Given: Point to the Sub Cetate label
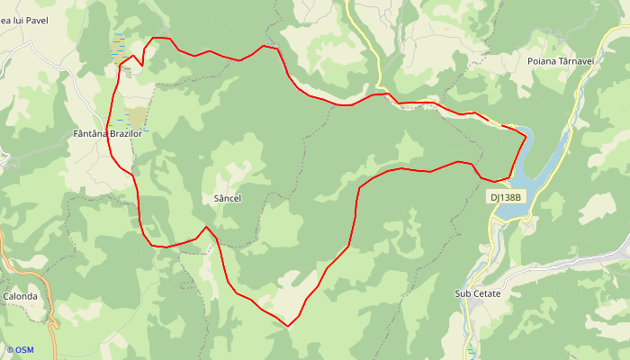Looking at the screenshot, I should point(477,293).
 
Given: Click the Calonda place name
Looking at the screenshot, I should point(20,296).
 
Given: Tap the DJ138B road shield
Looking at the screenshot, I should point(506,196).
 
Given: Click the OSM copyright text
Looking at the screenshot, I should point(20,349).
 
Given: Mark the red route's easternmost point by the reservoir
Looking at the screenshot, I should point(526,137).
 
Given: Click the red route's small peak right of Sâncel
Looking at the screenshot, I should point(206,227).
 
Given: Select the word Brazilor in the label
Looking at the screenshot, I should point(125,134).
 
